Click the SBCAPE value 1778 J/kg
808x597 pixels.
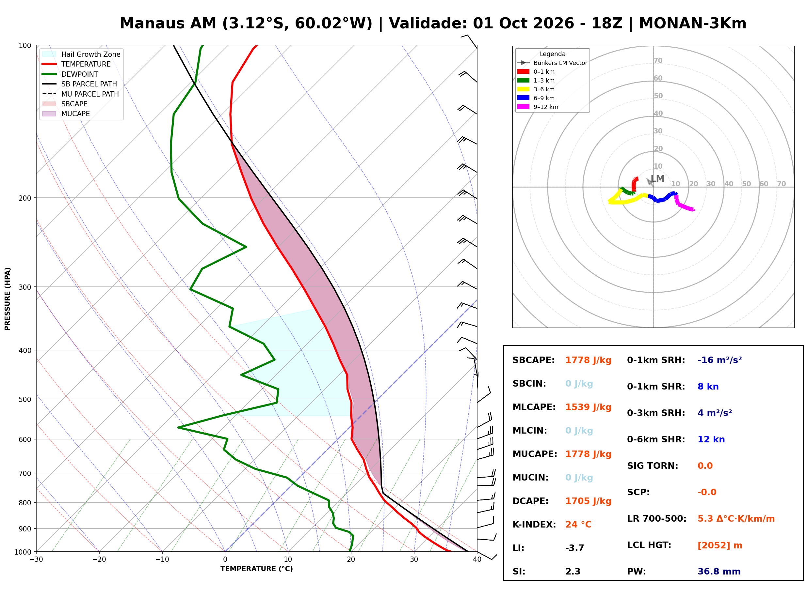(588, 360)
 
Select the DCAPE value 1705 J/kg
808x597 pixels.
(588, 501)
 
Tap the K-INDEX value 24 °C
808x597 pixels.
(578, 525)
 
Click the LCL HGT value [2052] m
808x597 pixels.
(720, 545)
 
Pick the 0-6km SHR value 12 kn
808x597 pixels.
(711, 439)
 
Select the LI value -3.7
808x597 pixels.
(575, 548)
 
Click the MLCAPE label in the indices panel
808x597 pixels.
(534, 407)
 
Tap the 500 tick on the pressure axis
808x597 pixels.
(25, 399)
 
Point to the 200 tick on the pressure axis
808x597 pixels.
(25, 198)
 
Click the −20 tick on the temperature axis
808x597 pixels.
(99, 559)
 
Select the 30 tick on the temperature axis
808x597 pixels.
(414, 559)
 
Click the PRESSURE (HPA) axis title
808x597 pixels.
(8, 299)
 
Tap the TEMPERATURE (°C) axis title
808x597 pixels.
(257, 569)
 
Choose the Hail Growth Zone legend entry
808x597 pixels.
(81, 54)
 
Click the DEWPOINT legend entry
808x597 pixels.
(70, 74)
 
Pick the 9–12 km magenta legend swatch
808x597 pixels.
(523, 107)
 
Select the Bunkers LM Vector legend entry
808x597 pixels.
(552, 63)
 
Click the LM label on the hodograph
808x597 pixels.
(657, 178)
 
